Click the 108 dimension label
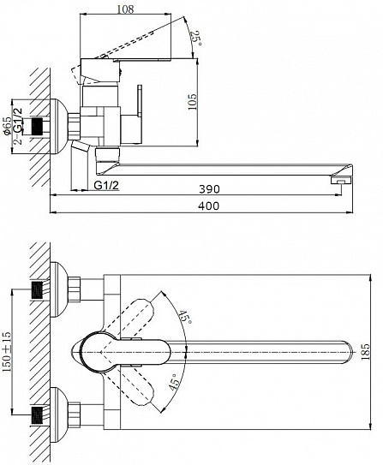(125, 9)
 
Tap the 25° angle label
(196, 38)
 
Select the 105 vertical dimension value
(192, 102)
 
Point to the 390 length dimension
(209, 188)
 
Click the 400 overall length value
(209, 206)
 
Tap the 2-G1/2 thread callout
(18, 125)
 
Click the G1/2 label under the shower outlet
(106, 185)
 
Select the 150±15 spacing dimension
(7, 351)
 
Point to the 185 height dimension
(366, 351)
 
